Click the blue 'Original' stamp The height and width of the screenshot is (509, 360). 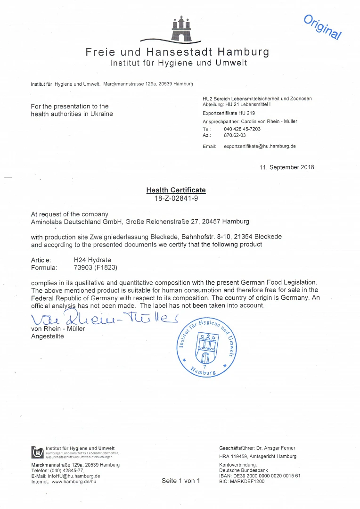[x=322, y=27]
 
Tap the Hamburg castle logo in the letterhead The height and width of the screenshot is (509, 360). [x=181, y=29]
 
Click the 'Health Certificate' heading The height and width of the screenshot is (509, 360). [x=176, y=190]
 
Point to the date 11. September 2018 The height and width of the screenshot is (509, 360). [x=286, y=167]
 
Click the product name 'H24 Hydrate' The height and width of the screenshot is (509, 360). [x=92, y=260]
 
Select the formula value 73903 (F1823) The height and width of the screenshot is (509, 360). [x=95, y=268]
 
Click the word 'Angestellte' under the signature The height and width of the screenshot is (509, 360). [x=47, y=336]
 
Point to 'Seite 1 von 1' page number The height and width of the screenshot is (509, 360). [x=181, y=481]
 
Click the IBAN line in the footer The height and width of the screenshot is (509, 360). [x=260, y=476]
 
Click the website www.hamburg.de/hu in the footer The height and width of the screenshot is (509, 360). [x=74, y=482]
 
